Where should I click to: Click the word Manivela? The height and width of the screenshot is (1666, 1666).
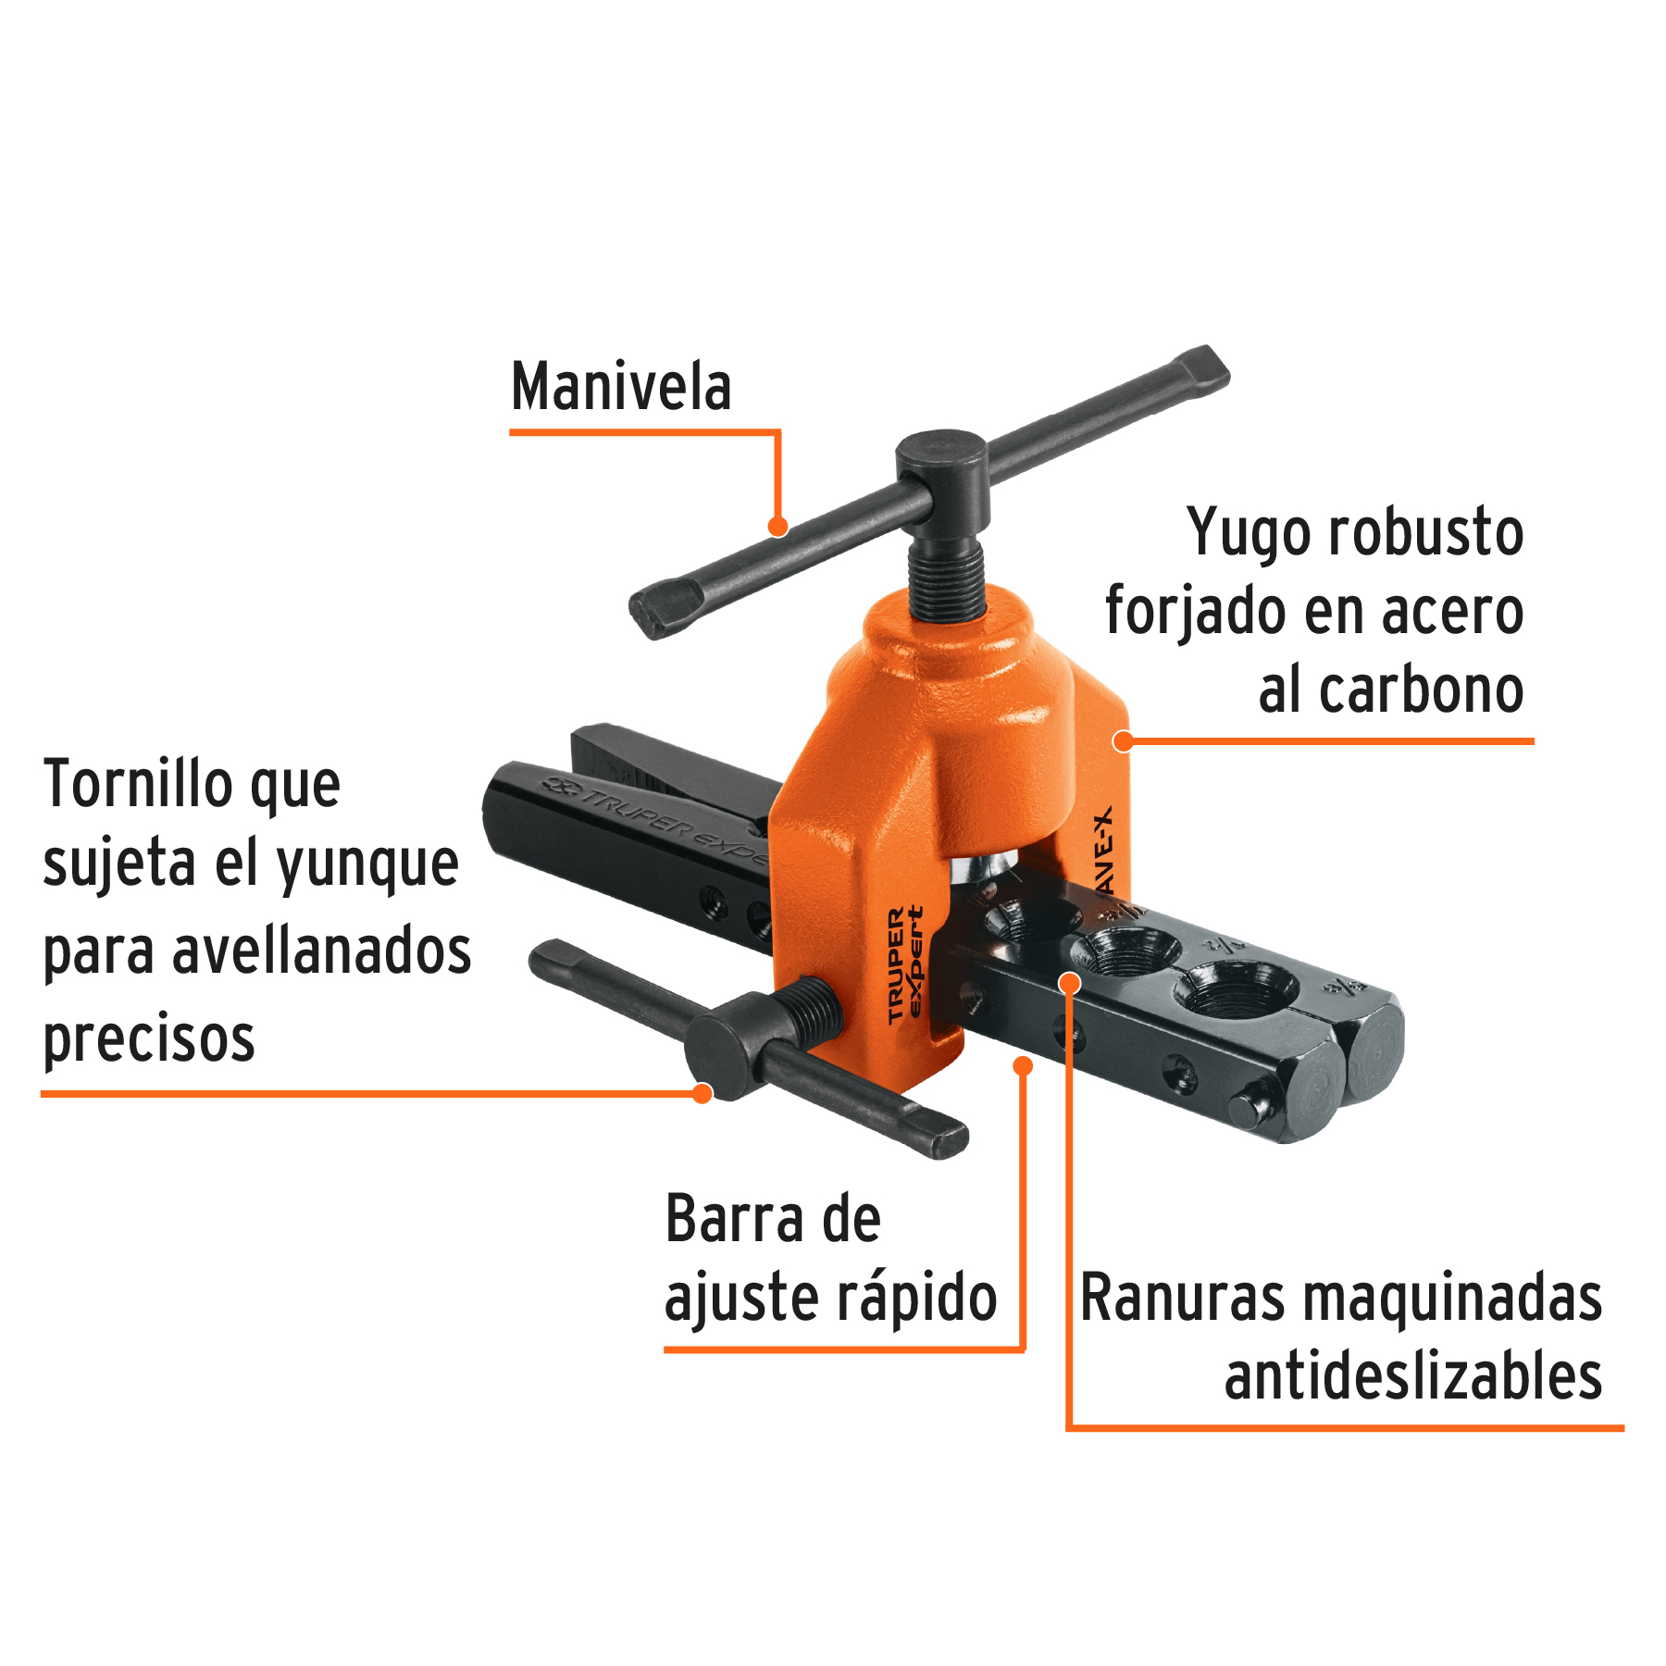(x=621, y=387)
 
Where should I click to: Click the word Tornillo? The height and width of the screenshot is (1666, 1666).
(x=139, y=784)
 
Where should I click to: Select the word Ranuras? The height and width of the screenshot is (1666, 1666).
(x=1182, y=1298)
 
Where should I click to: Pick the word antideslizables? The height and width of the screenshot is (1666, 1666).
(x=1412, y=1376)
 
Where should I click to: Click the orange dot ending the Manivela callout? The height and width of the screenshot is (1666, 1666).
(x=778, y=527)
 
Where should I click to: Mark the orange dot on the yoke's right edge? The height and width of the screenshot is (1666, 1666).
(x=1124, y=740)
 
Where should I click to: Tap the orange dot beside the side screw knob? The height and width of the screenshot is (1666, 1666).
(x=702, y=1093)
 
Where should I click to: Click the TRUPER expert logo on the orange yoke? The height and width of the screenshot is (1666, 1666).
(x=905, y=964)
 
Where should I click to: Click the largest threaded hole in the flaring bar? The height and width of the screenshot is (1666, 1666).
(x=1235, y=989)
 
